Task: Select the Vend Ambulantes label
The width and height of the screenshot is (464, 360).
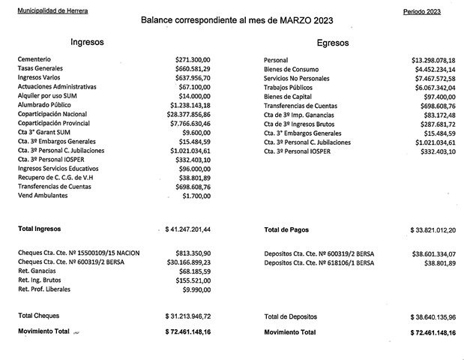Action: point(42,195)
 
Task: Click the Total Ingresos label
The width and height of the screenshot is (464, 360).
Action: point(41,228)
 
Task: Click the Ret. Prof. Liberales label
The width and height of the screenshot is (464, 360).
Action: point(46,288)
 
